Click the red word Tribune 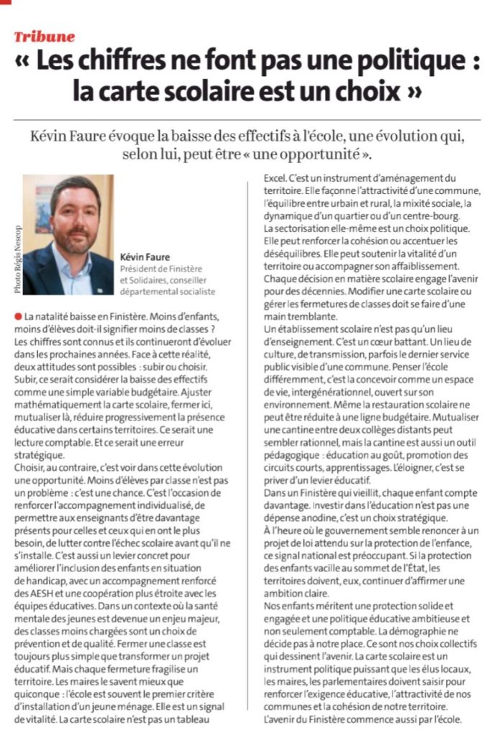click(45, 37)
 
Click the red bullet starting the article click(17, 316)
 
